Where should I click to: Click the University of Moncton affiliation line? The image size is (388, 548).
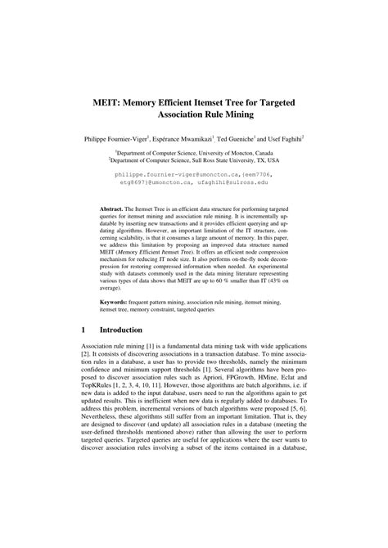(193, 153)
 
